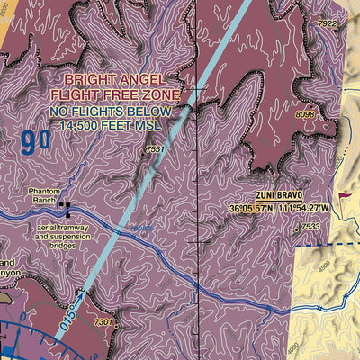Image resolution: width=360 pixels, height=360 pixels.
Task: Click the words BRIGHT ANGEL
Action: [x=135, y=79]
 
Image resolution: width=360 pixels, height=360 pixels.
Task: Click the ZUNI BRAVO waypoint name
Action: [x=278, y=195]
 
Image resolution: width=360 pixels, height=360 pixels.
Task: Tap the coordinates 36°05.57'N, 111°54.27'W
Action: [x=280, y=210]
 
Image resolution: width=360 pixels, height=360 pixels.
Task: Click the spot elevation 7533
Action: [x=310, y=227]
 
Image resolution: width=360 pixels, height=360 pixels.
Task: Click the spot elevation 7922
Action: [x=328, y=23]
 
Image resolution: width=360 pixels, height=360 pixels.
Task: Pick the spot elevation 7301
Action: [x=104, y=321]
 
